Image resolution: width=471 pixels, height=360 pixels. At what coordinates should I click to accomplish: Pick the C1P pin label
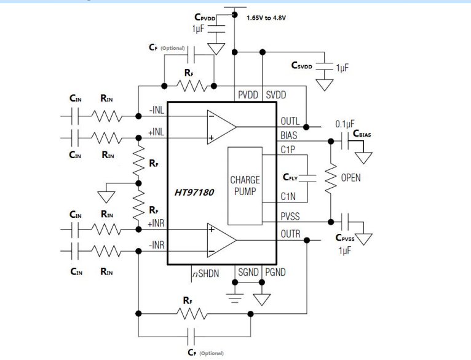point(288,149)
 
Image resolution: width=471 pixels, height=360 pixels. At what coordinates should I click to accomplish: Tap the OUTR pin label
point(290,234)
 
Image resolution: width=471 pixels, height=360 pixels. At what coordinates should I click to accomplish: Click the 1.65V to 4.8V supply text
point(266,18)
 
